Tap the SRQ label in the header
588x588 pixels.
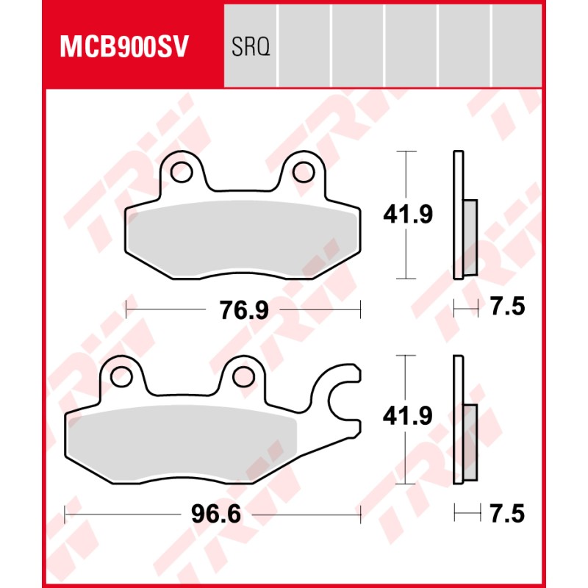251,48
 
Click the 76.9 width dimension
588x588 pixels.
243,310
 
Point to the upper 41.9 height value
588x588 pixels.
408,215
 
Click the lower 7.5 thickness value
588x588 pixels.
507,513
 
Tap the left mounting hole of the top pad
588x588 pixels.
180,172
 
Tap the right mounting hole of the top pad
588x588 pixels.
303,172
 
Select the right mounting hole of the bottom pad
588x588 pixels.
243,376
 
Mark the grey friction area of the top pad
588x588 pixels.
243,239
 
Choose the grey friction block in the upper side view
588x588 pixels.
469,224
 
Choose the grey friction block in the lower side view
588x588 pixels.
469,429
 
